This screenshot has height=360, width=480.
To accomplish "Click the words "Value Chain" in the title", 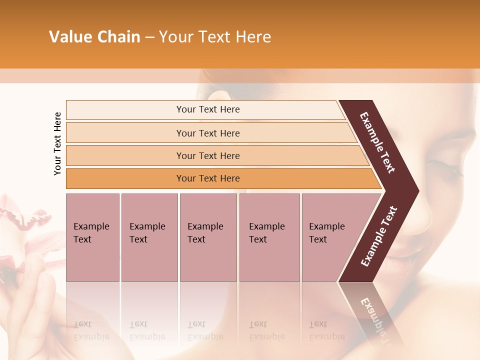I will click(94, 37).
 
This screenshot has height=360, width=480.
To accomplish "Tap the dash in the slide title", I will click(149, 37).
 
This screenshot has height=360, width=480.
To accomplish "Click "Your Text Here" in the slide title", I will click(215, 37).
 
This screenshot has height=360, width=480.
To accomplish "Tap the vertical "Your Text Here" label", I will click(57, 143).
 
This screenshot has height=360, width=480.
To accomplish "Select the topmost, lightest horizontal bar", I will click(207, 109).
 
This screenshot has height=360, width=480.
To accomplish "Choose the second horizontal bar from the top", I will click(207, 133).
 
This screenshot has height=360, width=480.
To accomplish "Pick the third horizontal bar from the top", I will click(207, 155).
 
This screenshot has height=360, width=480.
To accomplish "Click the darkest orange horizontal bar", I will click(207, 178).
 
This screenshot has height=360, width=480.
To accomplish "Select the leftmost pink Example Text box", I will click(92, 237).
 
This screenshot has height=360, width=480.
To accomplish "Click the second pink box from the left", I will click(149, 237).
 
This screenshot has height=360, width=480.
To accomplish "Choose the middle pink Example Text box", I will click(208, 237).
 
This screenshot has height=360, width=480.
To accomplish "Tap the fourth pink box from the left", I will click(269, 237).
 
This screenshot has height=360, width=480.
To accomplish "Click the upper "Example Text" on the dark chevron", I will click(378, 142).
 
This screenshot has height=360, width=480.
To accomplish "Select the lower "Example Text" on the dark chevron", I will click(379, 236).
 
